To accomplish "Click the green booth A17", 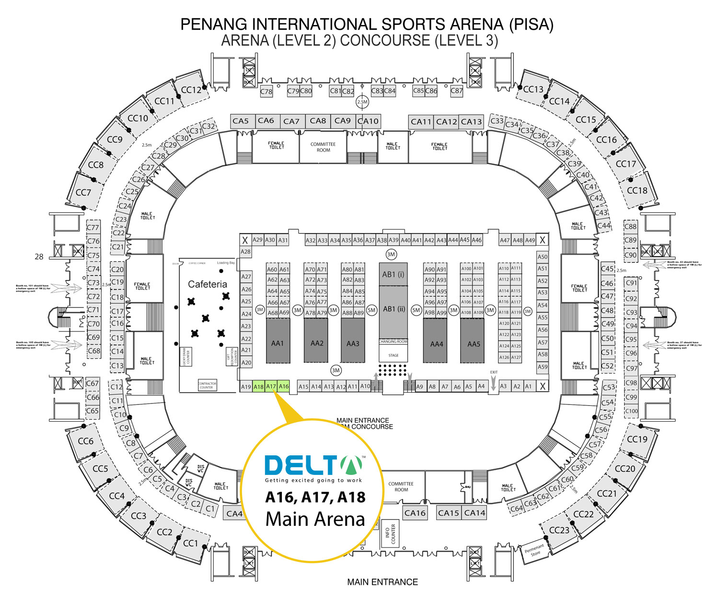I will click(271, 387).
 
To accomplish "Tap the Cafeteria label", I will click(207, 284).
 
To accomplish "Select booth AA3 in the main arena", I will click(353, 343).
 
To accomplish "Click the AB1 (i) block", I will click(393, 274).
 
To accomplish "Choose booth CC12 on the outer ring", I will click(191, 90).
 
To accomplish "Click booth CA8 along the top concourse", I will click(318, 121).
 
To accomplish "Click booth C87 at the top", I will click(456, 91).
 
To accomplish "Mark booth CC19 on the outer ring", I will click(637, 439).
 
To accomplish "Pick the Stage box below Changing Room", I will click(394, 355).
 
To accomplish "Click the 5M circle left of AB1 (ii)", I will click(371, 310).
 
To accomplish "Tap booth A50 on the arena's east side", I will click(542, 257).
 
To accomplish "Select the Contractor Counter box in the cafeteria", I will click(207, 385).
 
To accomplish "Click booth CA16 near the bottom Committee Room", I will click(415, 513).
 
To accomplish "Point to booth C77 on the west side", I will click(93, 227).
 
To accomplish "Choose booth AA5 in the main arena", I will click(474, 344).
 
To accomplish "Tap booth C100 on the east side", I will click(631, 411).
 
